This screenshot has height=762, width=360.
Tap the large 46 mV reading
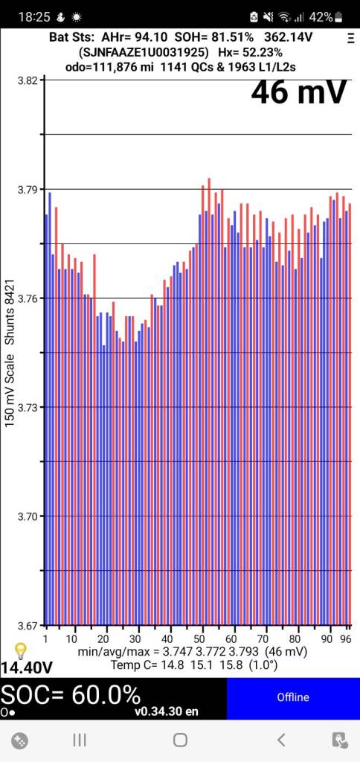point(298,92)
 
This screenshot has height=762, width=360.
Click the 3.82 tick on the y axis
point(27,80)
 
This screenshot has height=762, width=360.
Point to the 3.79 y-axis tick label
point(27,190)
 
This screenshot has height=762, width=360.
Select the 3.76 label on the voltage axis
point(27,298)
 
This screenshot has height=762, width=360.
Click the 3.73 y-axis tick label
point(27,408)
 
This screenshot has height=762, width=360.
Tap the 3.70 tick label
point(27,516)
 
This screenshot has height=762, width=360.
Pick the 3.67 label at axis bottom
point(27,625)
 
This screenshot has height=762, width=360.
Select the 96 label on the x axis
point(346,639)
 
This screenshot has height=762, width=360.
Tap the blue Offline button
point(292,697)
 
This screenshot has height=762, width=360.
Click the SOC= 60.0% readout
point(71,695)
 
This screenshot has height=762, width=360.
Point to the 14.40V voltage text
point(26,667)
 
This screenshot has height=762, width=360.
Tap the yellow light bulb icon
point(21,650)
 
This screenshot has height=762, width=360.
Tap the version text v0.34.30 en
point(166,711)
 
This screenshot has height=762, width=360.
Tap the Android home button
point(180,739)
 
